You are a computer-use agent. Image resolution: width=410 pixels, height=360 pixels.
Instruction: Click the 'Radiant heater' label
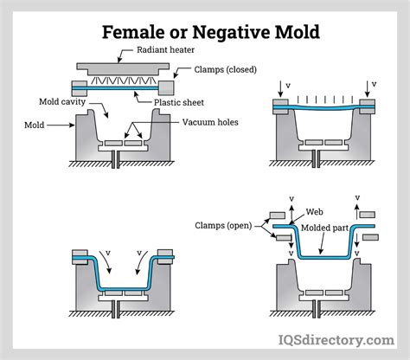(x=165, y=50)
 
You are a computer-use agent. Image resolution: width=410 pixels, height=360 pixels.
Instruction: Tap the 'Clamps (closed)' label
(x=225, y=69)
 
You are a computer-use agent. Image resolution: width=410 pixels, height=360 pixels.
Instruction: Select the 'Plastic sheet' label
(x=179, y=102)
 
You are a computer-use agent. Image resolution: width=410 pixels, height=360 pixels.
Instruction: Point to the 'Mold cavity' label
(x=62, y=102)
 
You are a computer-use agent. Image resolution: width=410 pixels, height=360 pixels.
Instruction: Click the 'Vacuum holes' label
(x=210, y=122)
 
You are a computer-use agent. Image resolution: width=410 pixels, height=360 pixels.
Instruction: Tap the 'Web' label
(x=314, y=212)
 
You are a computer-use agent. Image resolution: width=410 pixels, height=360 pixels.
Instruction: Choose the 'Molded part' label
(x=325, y=228)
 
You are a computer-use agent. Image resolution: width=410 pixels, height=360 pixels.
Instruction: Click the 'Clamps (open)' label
(x=223, y=226)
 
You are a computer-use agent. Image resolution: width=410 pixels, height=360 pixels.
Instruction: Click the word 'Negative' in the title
(x=231, y=32)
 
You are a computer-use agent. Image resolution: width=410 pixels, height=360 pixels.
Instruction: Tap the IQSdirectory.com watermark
(x=336, y=340)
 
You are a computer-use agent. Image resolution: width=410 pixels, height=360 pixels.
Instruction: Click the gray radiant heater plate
(x=123, y=69)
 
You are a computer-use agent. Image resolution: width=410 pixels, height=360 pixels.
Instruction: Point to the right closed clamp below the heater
(x=166, y=88)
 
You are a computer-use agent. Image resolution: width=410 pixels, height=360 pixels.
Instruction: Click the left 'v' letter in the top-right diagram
(x=288, y=86)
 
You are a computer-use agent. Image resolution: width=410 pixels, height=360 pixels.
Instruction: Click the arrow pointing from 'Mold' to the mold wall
(x=61, y=125)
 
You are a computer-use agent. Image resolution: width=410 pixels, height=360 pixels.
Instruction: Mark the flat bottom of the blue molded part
(x=325, y=257)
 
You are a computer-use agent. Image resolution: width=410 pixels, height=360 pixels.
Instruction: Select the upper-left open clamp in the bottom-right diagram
(x=278, y=215)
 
